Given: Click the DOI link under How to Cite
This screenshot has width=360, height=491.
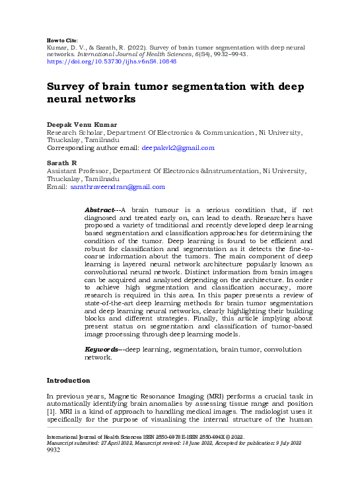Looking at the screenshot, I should coord(111,61).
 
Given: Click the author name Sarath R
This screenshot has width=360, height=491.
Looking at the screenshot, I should coord(62,162).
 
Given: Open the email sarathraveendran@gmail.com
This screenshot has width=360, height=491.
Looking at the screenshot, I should coord(117,187).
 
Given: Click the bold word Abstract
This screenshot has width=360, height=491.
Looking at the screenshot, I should coord(100,209).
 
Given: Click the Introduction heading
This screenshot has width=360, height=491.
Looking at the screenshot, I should coord(68,381).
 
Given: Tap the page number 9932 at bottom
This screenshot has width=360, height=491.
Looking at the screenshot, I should coord(54,450).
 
